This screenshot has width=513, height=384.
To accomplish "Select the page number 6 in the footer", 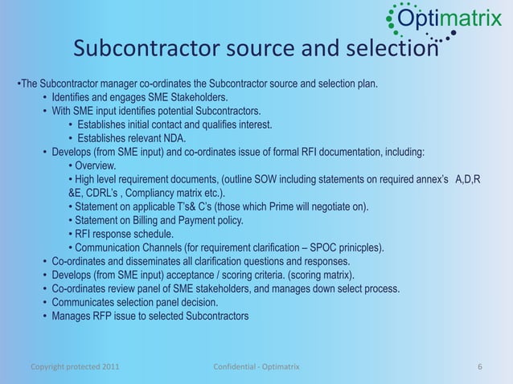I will click(479, 367).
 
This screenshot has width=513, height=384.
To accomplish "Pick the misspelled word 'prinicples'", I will click(357, 247).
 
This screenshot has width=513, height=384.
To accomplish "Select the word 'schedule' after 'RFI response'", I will click(150, 234).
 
